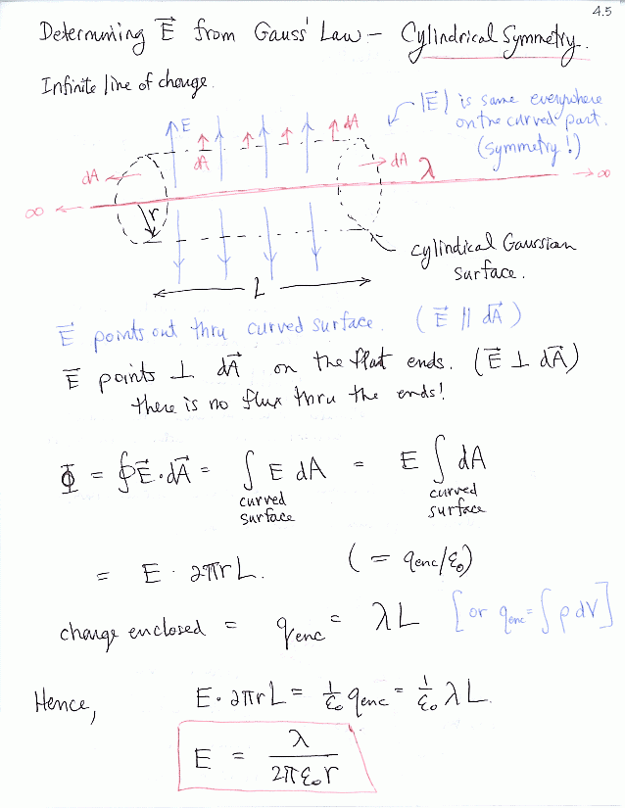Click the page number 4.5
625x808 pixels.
[x=601, y=11]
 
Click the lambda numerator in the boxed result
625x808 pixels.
[x=302, y=746]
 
